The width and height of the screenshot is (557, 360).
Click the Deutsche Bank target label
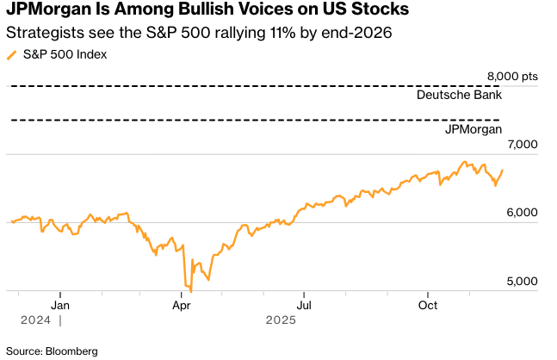pos(459,96)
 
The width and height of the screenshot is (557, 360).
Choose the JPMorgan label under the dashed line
pos(473,129)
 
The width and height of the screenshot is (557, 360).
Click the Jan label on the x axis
pos(60,305)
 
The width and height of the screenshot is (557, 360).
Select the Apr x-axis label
pos(182,305)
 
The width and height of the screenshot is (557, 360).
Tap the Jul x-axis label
pos(304,305)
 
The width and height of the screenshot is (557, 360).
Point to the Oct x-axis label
pos(427,305)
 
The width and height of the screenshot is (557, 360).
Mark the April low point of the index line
pos(190,292)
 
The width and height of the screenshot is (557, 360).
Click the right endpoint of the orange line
pos(502,170)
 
